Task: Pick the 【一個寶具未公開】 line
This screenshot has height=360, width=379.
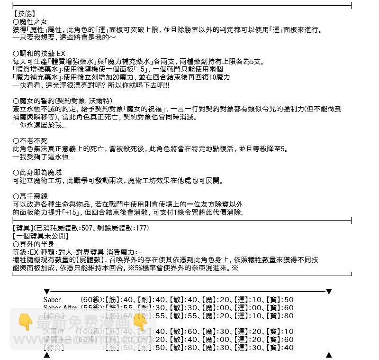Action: pyautogui.click(x=41, y=236)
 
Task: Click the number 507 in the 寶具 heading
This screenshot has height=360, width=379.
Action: pyautogui.click(x=87, y=228)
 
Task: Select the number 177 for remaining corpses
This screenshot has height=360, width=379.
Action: pyautogui.click(x=141, y=228)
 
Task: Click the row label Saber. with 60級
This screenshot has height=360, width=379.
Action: pyautogui.click(x=53, y=300)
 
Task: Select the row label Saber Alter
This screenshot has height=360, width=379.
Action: pyautogui.click(x=60, y=308)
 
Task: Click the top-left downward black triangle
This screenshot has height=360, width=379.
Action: pyautogui.click(x=46, y=292)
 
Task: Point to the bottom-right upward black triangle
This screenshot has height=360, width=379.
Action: pyautogui.click(x=329, y=355)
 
